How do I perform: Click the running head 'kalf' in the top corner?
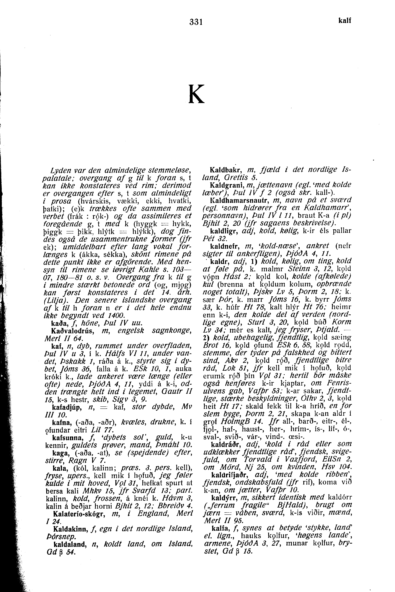344,21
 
